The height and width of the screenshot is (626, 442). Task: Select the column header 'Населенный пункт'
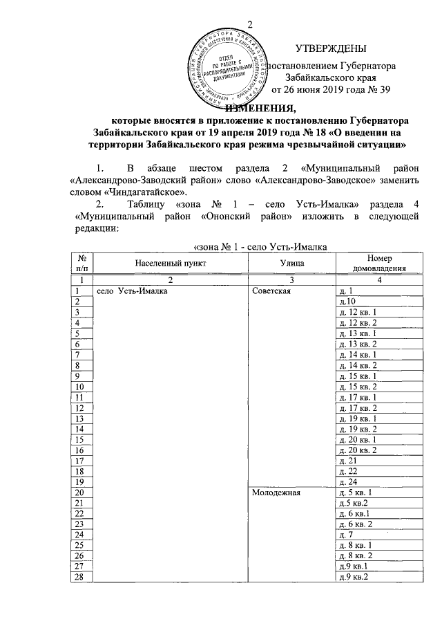(171, 264)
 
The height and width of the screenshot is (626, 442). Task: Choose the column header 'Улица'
(289, 264)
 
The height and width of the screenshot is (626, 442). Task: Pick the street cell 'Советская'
(273, 291)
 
